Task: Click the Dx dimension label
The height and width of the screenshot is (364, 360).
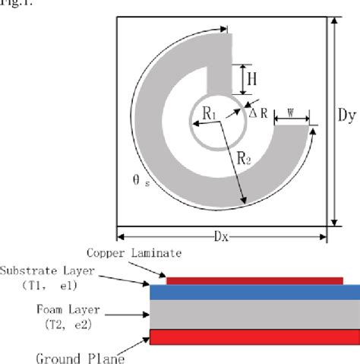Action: [x=222, y=236]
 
